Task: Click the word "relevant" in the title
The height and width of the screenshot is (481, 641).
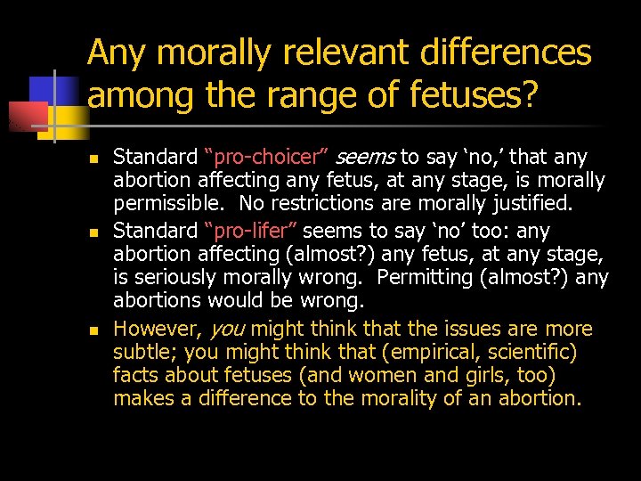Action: pyautogui.click(x=327, y=53)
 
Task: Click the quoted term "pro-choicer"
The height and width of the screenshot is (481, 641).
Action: pyautogui.click(x=267, y=158)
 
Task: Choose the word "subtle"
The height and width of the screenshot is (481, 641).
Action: pyautogui.click(x=142, y=351)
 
